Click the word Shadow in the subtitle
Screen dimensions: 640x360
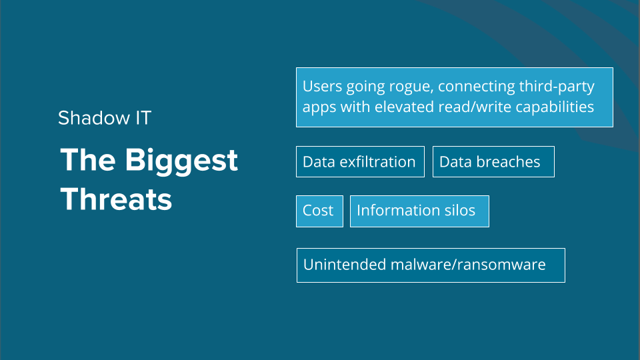pyautogui.click(x=94, y=118)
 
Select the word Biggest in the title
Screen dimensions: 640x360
pyautogui.click(x=181, y=161)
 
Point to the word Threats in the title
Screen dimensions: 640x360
pyautogui.click(x=116, y=199)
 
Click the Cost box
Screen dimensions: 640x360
pyautogui.click(x=319, y=211)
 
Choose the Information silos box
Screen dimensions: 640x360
pyautogui.click(x=419, y=211)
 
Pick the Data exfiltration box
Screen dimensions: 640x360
pyautogui.click(x=361, y=161)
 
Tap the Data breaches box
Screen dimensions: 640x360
pyautogui.click(x=493, y=161)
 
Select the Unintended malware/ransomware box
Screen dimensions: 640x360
pyautogui.click(x=431, y=265)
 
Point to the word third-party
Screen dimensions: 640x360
pyautogui.click(x=557, y=87)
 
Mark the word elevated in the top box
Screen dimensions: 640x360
pyautogui.click(x=404, y=107)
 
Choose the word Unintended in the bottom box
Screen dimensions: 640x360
pyautogui.click(x=345, y=265)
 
